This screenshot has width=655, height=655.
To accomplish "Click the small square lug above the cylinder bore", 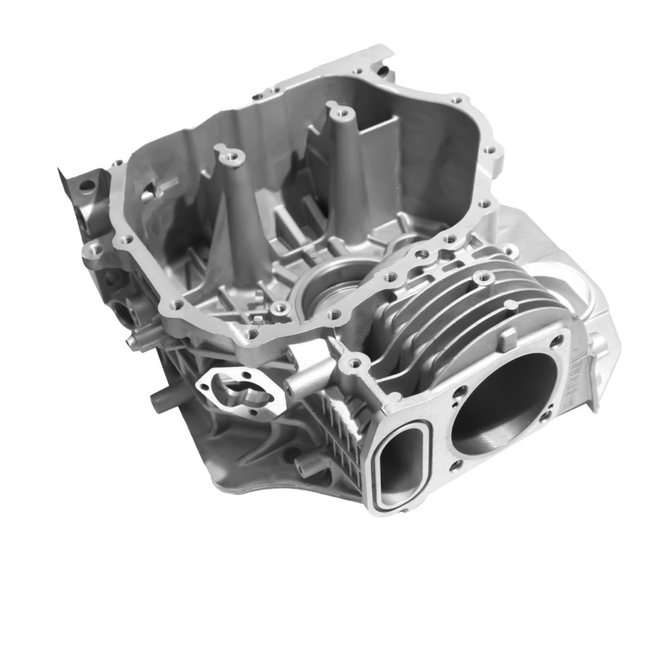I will click(x=507, y=336).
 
